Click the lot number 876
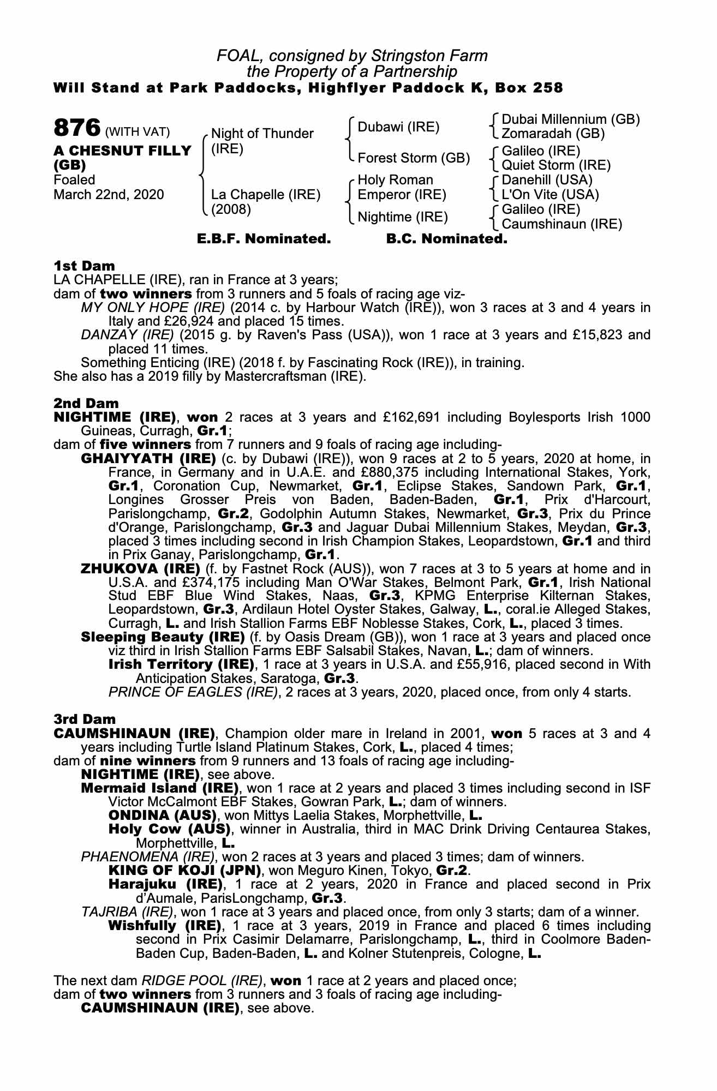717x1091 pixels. [x=77, y=128]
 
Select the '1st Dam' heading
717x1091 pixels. [x=84, y=266]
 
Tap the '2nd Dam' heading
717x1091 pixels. [x=86, y=403]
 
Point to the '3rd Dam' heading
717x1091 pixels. [x=85, y=720]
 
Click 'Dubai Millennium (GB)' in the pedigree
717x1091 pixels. [x=570, y=119]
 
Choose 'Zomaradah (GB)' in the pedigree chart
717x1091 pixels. [x=553, y=133]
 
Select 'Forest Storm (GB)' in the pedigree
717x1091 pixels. [x=414, y=158]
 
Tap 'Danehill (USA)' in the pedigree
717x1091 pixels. [x=547, y=180]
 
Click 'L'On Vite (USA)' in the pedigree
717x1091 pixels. [x=550, y=194]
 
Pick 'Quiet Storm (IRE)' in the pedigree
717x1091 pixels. [x=556, y=165]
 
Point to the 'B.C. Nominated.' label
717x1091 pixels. [x=446, y=239]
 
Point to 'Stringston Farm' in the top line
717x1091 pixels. [x=429, y=56]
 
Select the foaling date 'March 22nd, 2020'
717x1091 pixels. [x=109, y=194]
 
